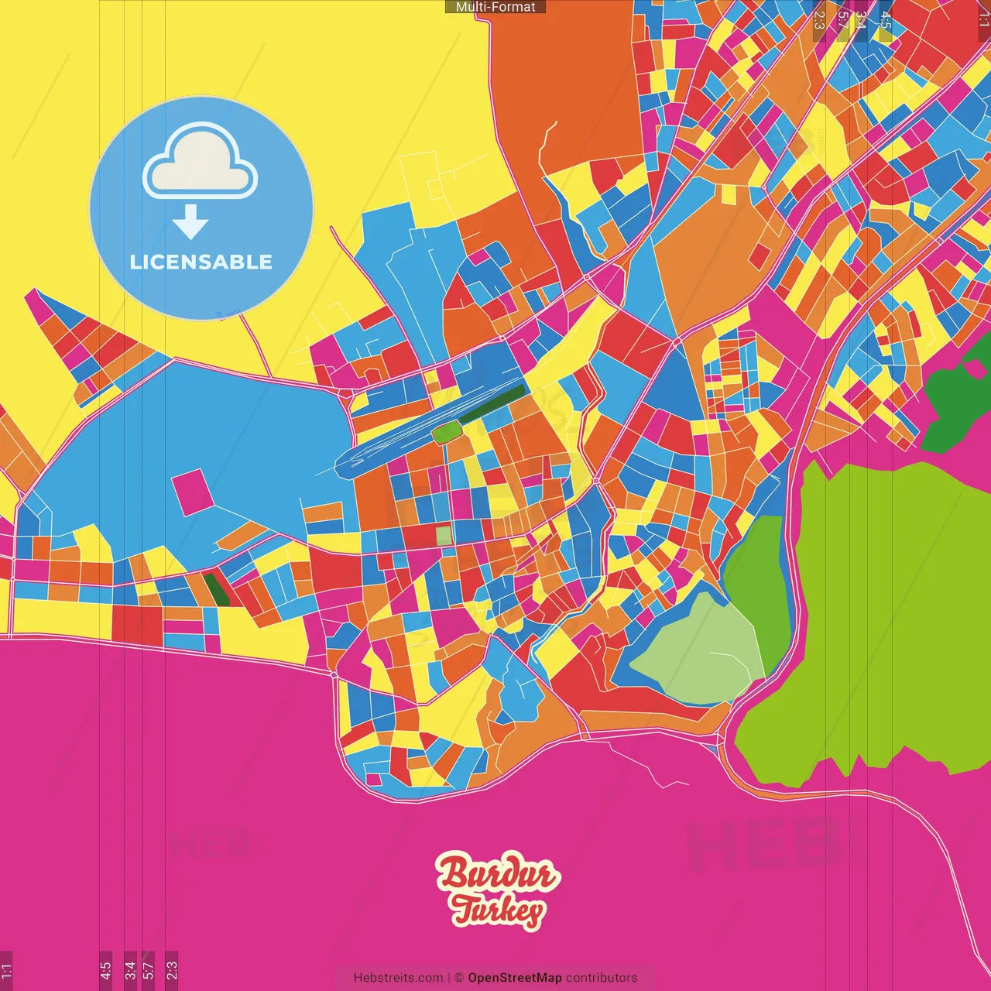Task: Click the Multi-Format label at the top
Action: click(495, 7)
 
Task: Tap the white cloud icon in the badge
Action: click(201, 163)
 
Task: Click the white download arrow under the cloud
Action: click(190, 223)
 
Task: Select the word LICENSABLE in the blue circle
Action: click(201, 262)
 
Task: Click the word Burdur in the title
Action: click(496, 873)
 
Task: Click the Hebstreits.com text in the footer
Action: click(398, 978)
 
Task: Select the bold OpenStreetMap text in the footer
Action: click(515, 978)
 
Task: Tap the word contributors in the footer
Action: click(602, 978)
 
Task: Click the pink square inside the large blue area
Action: click(191, 492)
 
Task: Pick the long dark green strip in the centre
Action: click(492, 404)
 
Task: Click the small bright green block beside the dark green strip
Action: click(445, 433)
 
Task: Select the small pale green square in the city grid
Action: click(443, 535)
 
